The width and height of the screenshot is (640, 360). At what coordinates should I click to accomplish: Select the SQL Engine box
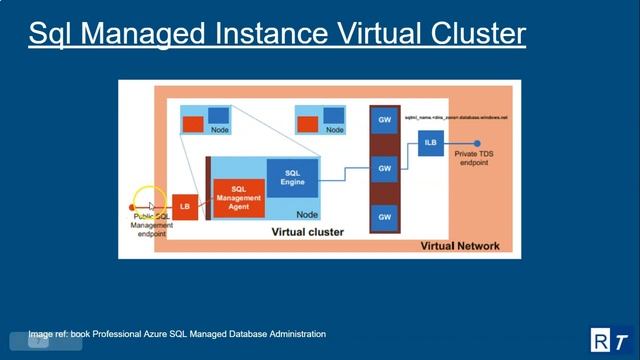click(x=293, y=177)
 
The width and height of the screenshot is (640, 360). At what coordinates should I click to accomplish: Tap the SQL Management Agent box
click(x=239, y=198)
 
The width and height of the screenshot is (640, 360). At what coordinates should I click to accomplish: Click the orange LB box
click(x=184, y=206)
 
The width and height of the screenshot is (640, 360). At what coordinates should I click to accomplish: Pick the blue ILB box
click(x=430, y=143)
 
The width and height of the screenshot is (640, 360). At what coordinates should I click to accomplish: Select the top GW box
click(x=384, y=120)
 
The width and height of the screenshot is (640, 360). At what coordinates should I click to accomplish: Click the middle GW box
click(x=384, y=168)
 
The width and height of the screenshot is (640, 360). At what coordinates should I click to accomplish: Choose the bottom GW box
click(x=384, y=216)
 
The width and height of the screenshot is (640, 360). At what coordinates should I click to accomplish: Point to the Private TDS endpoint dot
click(x=478, y=143)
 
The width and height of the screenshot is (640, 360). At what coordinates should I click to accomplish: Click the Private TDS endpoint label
click(x=473, y=159)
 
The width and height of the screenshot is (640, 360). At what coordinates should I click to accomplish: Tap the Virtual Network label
click(x=460, y=245)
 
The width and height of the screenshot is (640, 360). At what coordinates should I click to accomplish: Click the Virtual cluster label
click(x=308, y=232)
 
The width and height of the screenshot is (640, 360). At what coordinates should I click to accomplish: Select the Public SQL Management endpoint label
click(x=152, y=225)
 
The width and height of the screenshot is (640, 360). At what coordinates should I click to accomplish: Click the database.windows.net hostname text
click(x=456, y=118)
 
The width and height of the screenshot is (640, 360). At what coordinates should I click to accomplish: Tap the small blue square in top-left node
click(x=217, y=115)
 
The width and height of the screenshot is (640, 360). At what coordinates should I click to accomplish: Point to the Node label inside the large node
click(x=307, y=214)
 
